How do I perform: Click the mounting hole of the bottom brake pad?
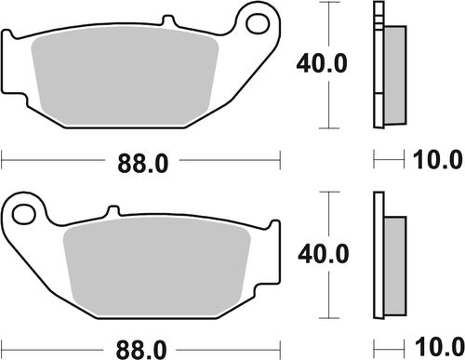click(28, 211)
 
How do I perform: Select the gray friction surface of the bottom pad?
click(158, 266)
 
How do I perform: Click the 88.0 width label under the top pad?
click(143, 164)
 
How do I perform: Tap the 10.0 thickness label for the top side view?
click(438, 161)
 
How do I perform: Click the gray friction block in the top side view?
click(395, 63)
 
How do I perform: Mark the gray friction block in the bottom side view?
click(395, 254)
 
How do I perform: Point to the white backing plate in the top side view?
click(379, 63)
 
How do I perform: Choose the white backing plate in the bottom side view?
click(379, 254)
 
